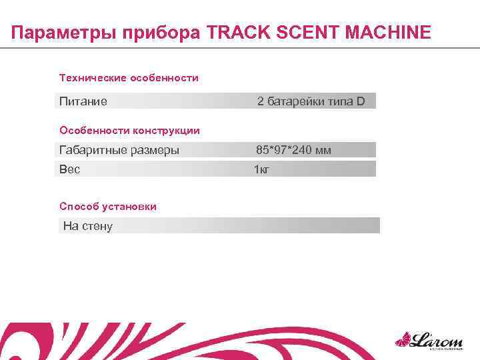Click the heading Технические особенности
(x=129, y=79)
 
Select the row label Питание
(x=83, y=102)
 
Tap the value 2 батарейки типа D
(x=311, y=102)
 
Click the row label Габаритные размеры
(x=119, y=150)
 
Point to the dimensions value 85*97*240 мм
(x=293, y=150)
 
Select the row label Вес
(x=69, y=169)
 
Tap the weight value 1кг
(x=261, y=169)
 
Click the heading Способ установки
(x=108, y=207)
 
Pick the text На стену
(x=88, y=226)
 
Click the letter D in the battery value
(x=361, y=102)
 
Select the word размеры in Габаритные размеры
(x=154, y=150)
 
